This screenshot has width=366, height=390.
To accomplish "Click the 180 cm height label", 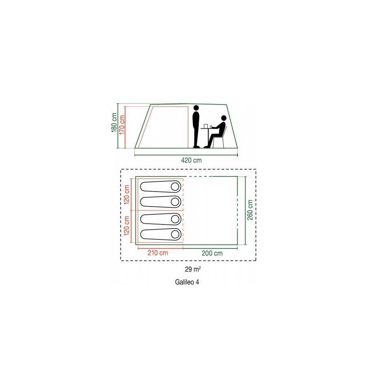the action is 114,123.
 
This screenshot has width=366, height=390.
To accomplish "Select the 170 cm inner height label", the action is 122,125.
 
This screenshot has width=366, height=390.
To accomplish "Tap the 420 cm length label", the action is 191,160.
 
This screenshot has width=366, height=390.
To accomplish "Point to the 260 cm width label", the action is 250,210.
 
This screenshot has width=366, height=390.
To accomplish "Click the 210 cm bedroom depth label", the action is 158,253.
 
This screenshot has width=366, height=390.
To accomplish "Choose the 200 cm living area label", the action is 212,253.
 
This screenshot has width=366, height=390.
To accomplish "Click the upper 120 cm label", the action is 126,195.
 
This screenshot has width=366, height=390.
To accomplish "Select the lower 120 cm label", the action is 126,226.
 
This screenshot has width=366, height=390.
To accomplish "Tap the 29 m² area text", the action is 193,269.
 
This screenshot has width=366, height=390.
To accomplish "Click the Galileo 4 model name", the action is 187,282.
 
